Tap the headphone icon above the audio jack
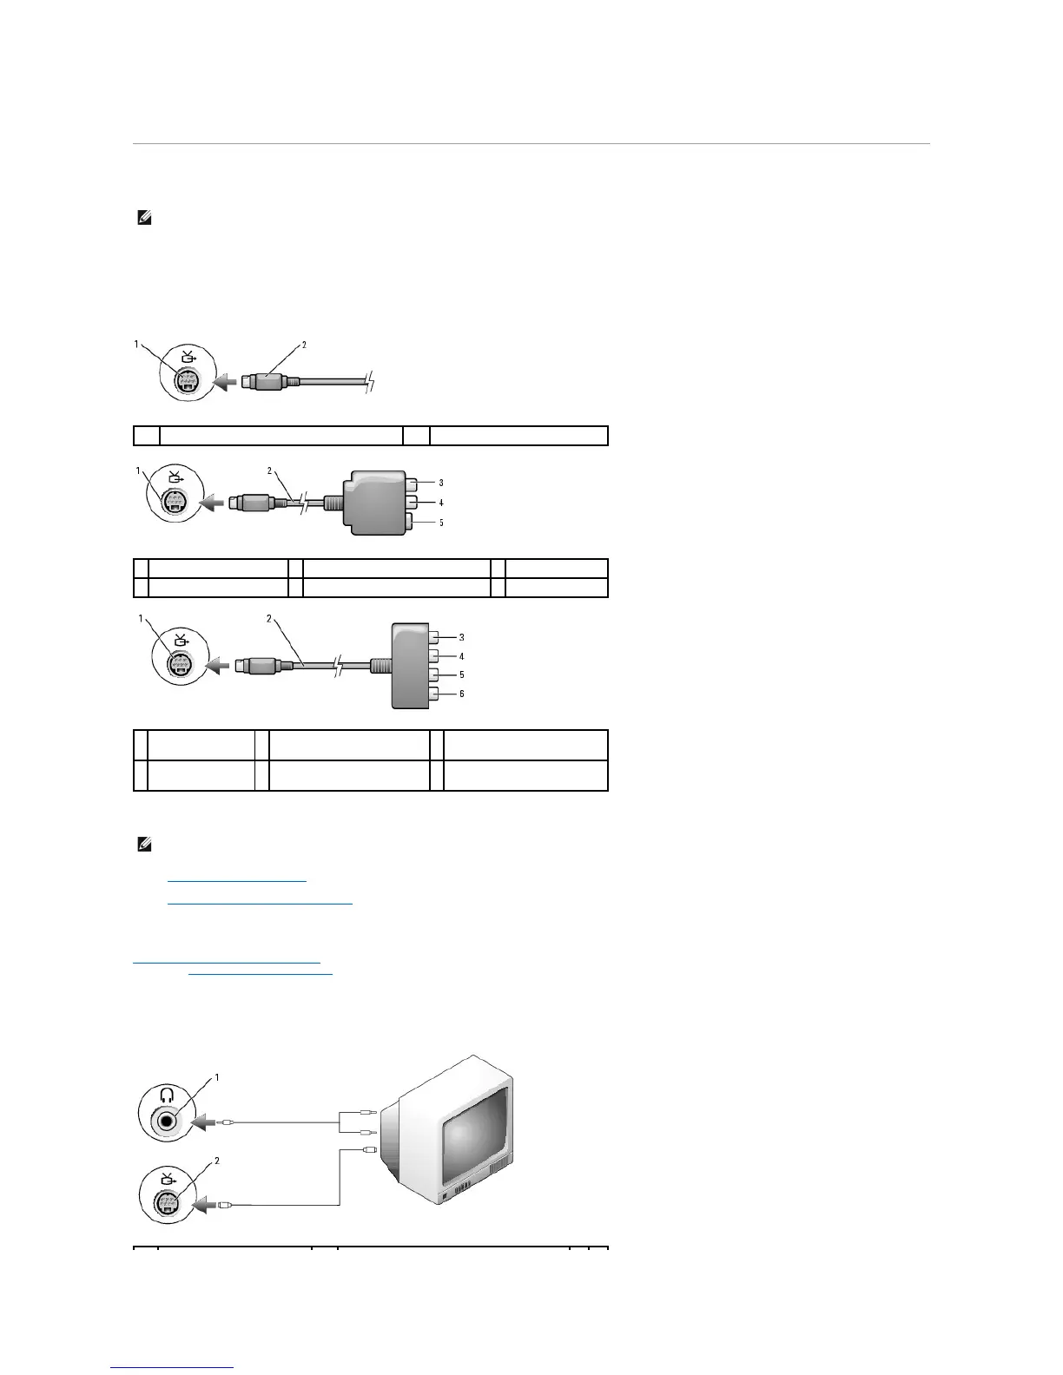point(165,1097)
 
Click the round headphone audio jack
point(167,1121)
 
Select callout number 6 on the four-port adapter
point(462,694)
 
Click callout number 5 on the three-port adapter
point(440,523)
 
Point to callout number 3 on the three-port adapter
point(440,483)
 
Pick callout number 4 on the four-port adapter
point(462,656)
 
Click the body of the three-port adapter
point(373,503)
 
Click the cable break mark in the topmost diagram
point(371,380)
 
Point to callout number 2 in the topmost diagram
point(304,345)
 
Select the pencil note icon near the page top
point(144,220)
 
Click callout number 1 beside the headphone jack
point(216,1077)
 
